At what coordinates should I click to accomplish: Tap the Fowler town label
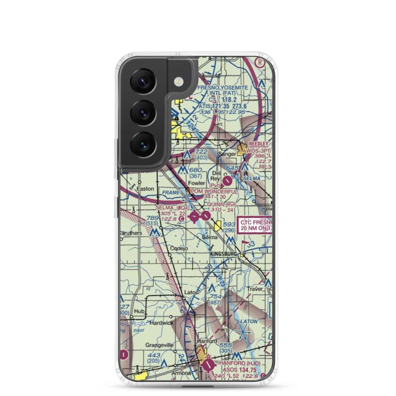tap(196, 183)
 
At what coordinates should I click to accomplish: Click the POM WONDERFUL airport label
tap(214, 192)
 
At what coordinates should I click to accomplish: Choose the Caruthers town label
tap(131, 233)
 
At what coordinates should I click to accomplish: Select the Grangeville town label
tap(159, 345)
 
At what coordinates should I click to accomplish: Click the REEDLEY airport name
tap(258, 144)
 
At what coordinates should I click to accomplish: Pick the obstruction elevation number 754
tap(215, 297)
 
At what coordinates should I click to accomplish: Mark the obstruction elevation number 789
tap(152, 218)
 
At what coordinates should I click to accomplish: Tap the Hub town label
tap(139, 311)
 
